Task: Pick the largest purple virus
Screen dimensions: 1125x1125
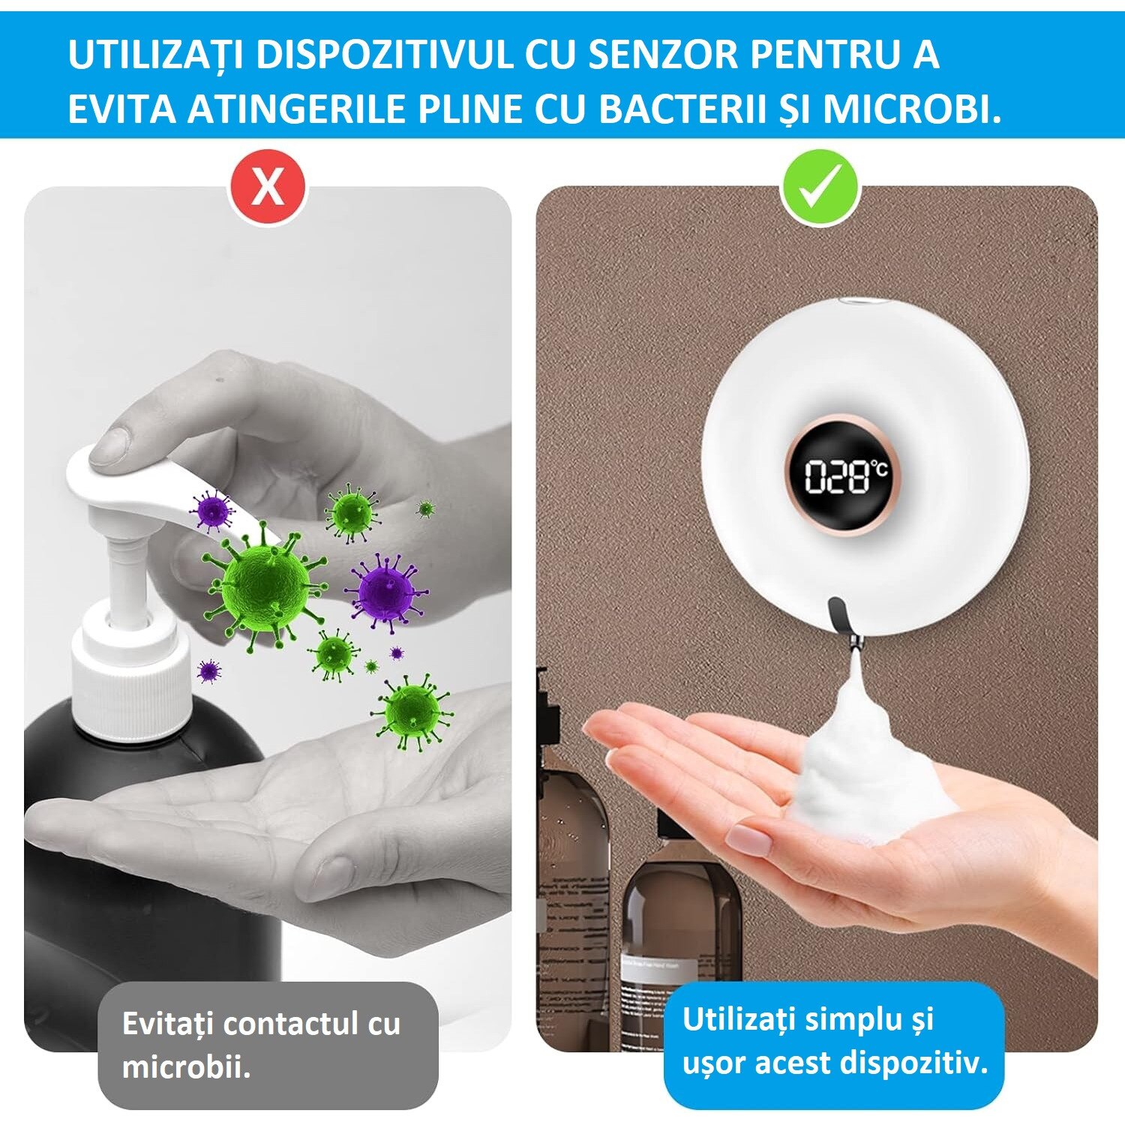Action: coord(385,590)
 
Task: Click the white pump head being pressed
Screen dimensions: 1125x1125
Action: coord(135,480)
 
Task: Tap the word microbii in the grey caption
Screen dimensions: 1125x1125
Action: coord(185,1066)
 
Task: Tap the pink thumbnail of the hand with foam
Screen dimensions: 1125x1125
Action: coord(750,838)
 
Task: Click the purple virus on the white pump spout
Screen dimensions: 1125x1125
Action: coord(211,511)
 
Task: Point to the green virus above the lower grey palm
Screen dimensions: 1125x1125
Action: coord(412,710)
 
